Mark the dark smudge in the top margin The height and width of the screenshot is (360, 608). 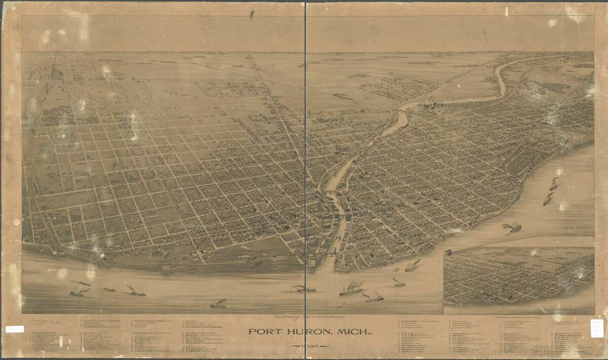coord(251,15)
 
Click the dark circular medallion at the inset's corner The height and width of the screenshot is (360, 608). coord(448,252)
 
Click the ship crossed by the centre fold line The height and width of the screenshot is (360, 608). coord(305,288)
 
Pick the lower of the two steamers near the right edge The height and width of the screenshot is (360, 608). coord(548,200)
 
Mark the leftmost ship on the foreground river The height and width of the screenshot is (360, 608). coord(77,292)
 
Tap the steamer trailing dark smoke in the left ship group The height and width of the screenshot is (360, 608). coord(136,292)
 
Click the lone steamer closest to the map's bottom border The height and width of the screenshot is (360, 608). coord(218,304)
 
